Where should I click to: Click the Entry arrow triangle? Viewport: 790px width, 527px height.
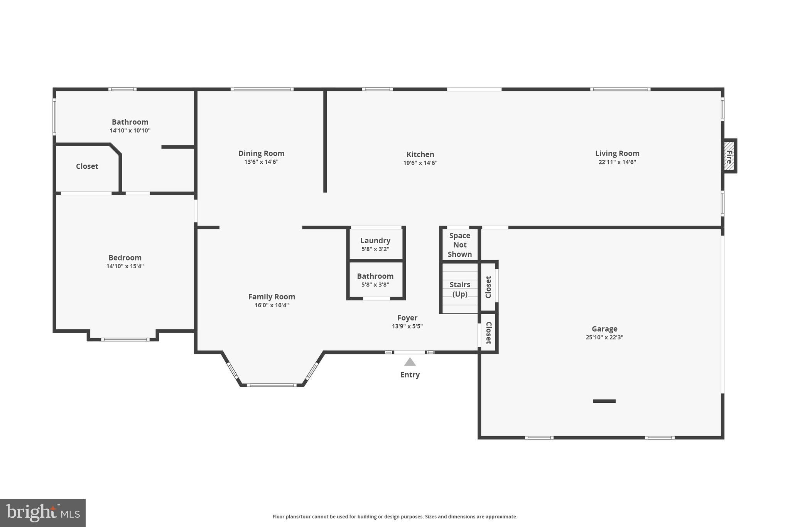(410, 362)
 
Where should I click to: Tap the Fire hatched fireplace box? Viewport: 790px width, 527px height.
(729, 156)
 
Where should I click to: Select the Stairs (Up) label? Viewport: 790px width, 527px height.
(460, 289)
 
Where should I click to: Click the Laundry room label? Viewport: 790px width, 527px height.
(375, 241)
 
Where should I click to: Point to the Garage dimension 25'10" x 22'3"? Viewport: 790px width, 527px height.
(604, 337)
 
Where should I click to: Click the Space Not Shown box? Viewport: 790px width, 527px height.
(460, 245)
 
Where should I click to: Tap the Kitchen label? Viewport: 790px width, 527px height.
(420, 154)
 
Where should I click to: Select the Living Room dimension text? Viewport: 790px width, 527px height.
(617, 162)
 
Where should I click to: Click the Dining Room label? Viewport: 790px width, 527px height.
(261, 153)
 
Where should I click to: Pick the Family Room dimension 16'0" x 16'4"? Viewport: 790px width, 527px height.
(272, 305)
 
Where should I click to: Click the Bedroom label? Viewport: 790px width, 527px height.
(125, 258)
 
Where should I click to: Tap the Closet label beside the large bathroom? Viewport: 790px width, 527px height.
(87, 166)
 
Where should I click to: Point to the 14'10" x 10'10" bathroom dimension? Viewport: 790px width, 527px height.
(130, 131)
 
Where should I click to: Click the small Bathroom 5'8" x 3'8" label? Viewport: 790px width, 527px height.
(375, 276)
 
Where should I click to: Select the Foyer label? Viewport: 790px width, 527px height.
(407, 318)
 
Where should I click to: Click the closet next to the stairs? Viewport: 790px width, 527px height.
(488, 287)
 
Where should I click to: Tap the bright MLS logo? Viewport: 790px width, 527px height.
(43, 513)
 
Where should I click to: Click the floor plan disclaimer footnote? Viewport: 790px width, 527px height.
(395, 517)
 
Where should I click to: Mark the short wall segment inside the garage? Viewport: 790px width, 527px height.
(604, 401)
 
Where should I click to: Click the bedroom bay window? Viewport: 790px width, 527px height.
(125, 340)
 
